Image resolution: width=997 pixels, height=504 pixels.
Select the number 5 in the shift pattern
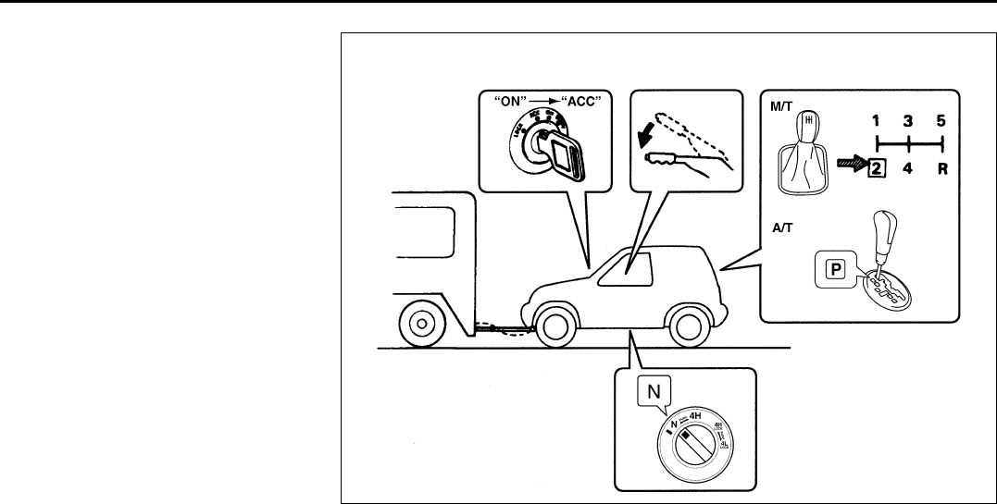click(941, 120)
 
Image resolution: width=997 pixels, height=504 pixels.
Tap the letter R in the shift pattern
click(941, 167)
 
